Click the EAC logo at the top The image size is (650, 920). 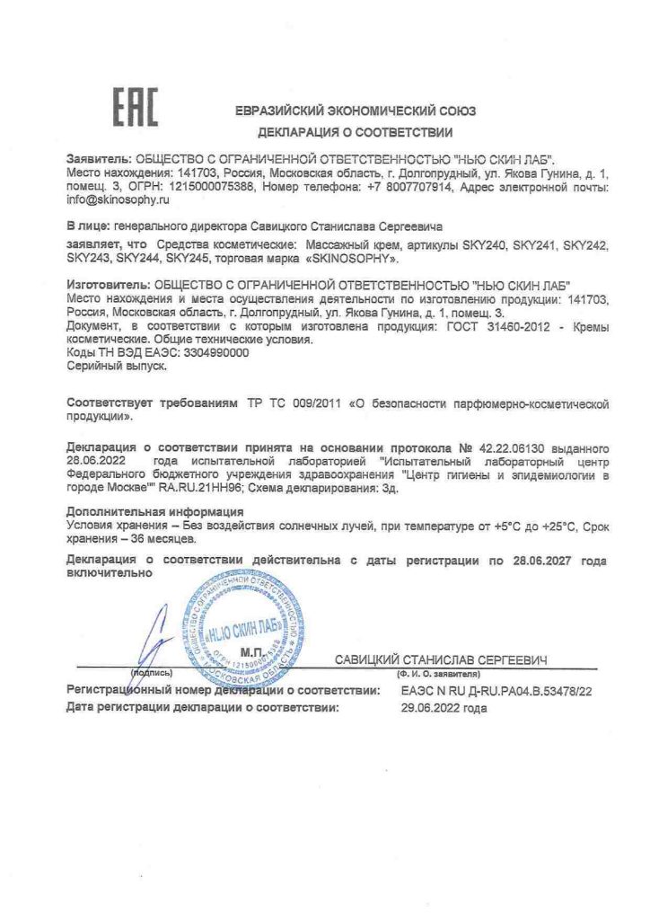point(135,108)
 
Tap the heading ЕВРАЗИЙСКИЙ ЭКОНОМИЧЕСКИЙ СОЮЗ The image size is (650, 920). point(355,111)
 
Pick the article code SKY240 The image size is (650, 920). point(487,244)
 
